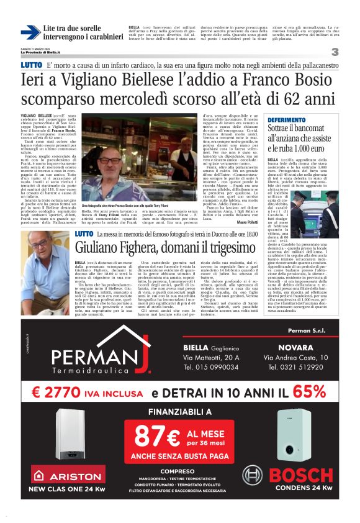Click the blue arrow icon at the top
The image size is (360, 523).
coord(30,33)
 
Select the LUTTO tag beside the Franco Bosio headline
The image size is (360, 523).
coord(31,65)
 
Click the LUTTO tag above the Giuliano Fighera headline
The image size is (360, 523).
coord(84,233)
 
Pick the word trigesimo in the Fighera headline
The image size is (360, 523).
coord(233,247)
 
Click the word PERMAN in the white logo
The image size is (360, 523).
coord(96,358)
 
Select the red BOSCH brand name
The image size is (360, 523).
coord(301,475)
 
